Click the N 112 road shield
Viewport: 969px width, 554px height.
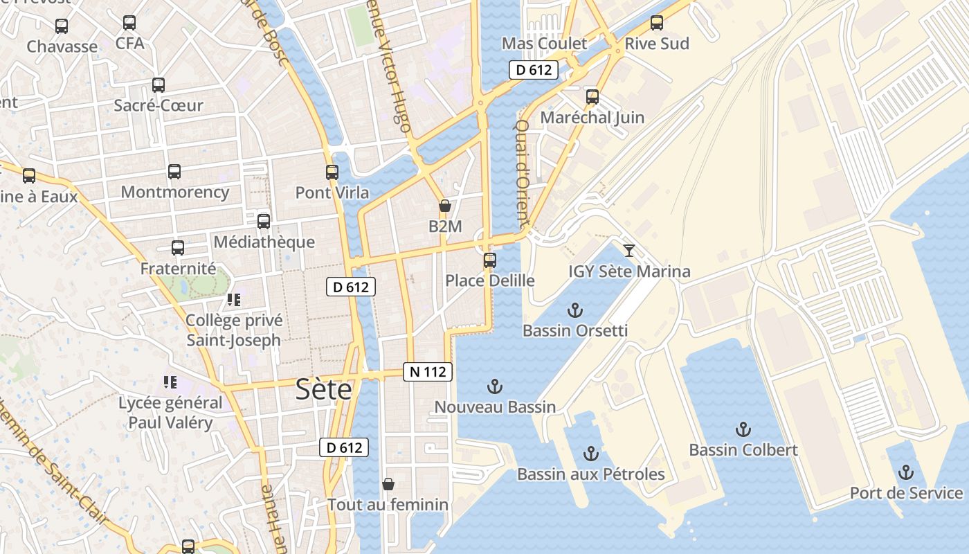coord(428,372)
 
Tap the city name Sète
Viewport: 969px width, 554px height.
coord(323,389)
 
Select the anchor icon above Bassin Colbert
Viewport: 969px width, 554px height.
coord(743,429)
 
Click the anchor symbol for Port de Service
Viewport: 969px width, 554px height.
coord(905,473)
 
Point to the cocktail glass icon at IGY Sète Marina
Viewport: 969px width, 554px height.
coord(628,250)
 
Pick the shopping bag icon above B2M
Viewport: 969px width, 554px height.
coord(445,206)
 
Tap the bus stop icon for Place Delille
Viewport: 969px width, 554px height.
coord(490,260)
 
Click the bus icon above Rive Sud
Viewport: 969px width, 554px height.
coord(657,23)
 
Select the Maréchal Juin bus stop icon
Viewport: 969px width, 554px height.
coord(592,97)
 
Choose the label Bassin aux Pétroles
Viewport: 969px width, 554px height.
coord(591,474)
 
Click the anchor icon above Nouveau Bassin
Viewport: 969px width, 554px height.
coord(495,386)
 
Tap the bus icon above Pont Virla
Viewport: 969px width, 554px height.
coord(332,172)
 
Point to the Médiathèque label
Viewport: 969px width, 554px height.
coord(264,242)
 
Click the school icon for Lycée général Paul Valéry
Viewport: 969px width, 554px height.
coord(170,382)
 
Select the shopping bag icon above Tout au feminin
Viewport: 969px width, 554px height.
coord(388,483)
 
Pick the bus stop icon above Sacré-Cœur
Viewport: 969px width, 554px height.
coord(159,85)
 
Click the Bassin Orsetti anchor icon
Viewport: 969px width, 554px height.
coord(574,310)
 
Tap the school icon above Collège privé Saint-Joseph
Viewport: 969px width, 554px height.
coord(234,300)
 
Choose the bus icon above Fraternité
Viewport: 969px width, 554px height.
coord(178,248)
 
